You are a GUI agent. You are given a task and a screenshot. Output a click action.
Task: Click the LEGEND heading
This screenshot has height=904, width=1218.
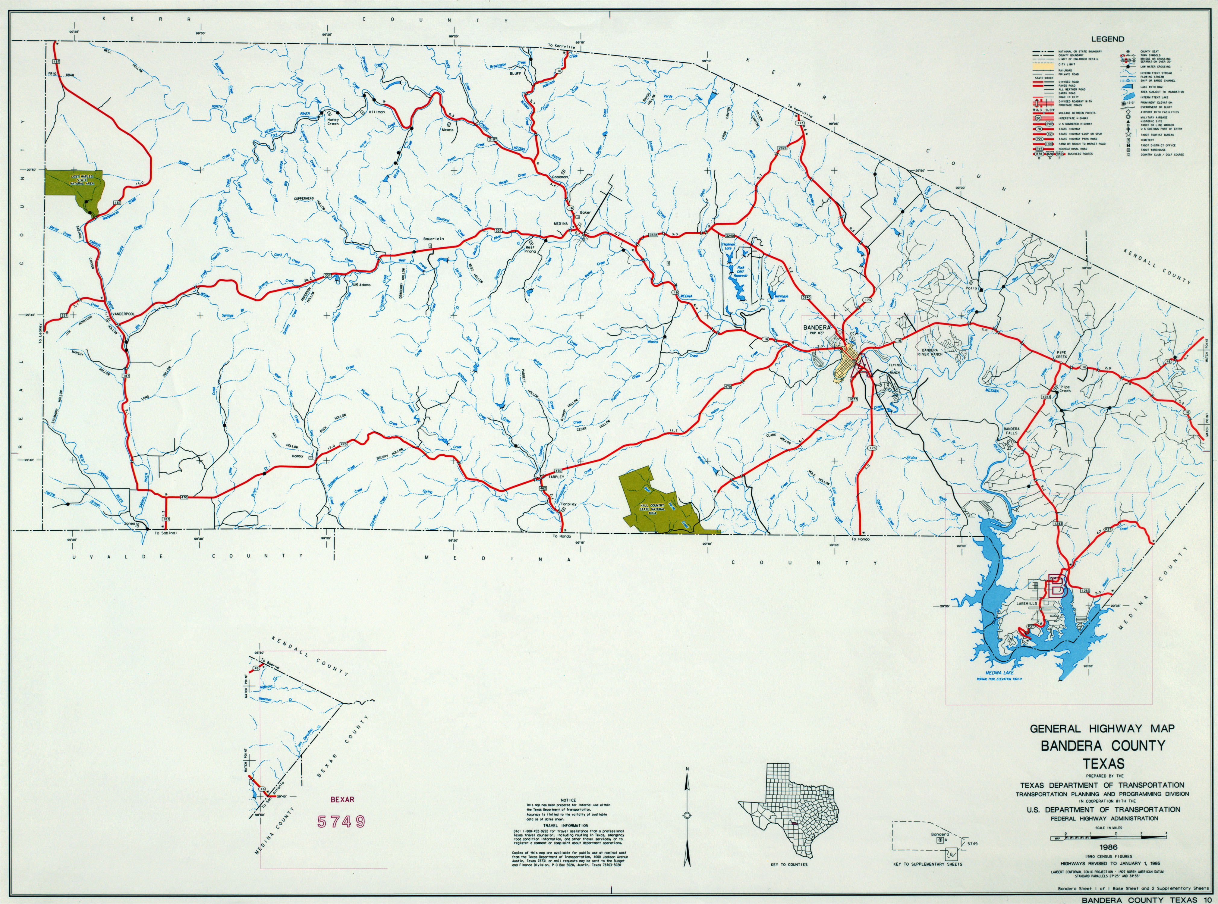tap(1103, 39)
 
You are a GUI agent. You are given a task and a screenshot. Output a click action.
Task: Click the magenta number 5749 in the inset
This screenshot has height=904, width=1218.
tap(341, 821)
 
